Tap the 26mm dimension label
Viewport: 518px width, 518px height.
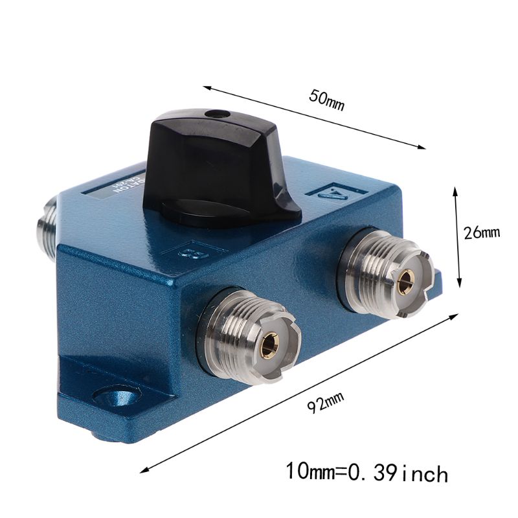click(x=483, y=232)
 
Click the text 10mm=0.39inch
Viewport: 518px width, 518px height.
click(x=367, y=472)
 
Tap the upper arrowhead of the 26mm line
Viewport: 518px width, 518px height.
click(x=456, y=190)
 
